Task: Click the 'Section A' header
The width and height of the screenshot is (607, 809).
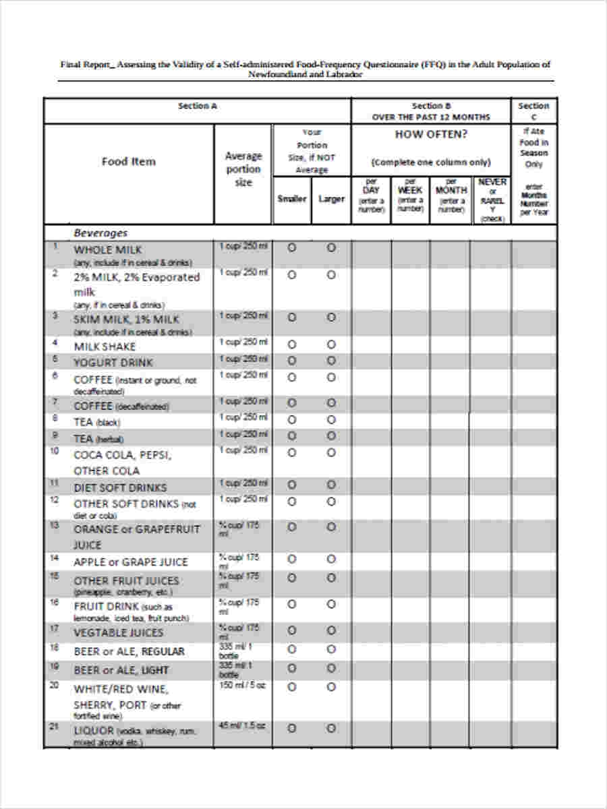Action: click(197, 106)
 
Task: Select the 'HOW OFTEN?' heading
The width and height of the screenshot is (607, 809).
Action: click(431, 134)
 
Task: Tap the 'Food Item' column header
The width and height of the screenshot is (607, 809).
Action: click(128, 161)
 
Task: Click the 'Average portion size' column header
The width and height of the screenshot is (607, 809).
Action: click(243, 169)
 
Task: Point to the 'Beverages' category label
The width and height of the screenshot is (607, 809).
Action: click(100, 233)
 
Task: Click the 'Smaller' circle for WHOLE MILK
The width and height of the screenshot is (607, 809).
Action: click(291, 248)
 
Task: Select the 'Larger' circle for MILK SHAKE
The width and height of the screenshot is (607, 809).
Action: click(331, 344)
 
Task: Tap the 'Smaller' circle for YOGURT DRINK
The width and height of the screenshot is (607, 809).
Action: click(291, 361)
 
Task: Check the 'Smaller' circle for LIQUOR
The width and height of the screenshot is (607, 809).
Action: click(291, 728)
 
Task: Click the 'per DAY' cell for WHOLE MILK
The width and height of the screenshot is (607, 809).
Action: click(371, 255)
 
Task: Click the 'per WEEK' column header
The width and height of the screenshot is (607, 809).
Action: click(410, 196)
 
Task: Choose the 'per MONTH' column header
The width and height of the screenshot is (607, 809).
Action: click(451, 196)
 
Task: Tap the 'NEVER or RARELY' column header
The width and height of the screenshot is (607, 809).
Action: click(492, 200)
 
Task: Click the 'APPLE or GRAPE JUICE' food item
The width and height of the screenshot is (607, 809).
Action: click(130, 562)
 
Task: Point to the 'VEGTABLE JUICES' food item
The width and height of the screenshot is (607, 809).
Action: click(118, 632)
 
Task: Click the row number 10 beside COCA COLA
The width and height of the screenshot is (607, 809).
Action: click(55, 450)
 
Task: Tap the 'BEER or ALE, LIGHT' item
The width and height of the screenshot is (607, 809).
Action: click(121, 670)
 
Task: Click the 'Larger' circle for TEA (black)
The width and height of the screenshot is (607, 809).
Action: click(331, 419)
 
